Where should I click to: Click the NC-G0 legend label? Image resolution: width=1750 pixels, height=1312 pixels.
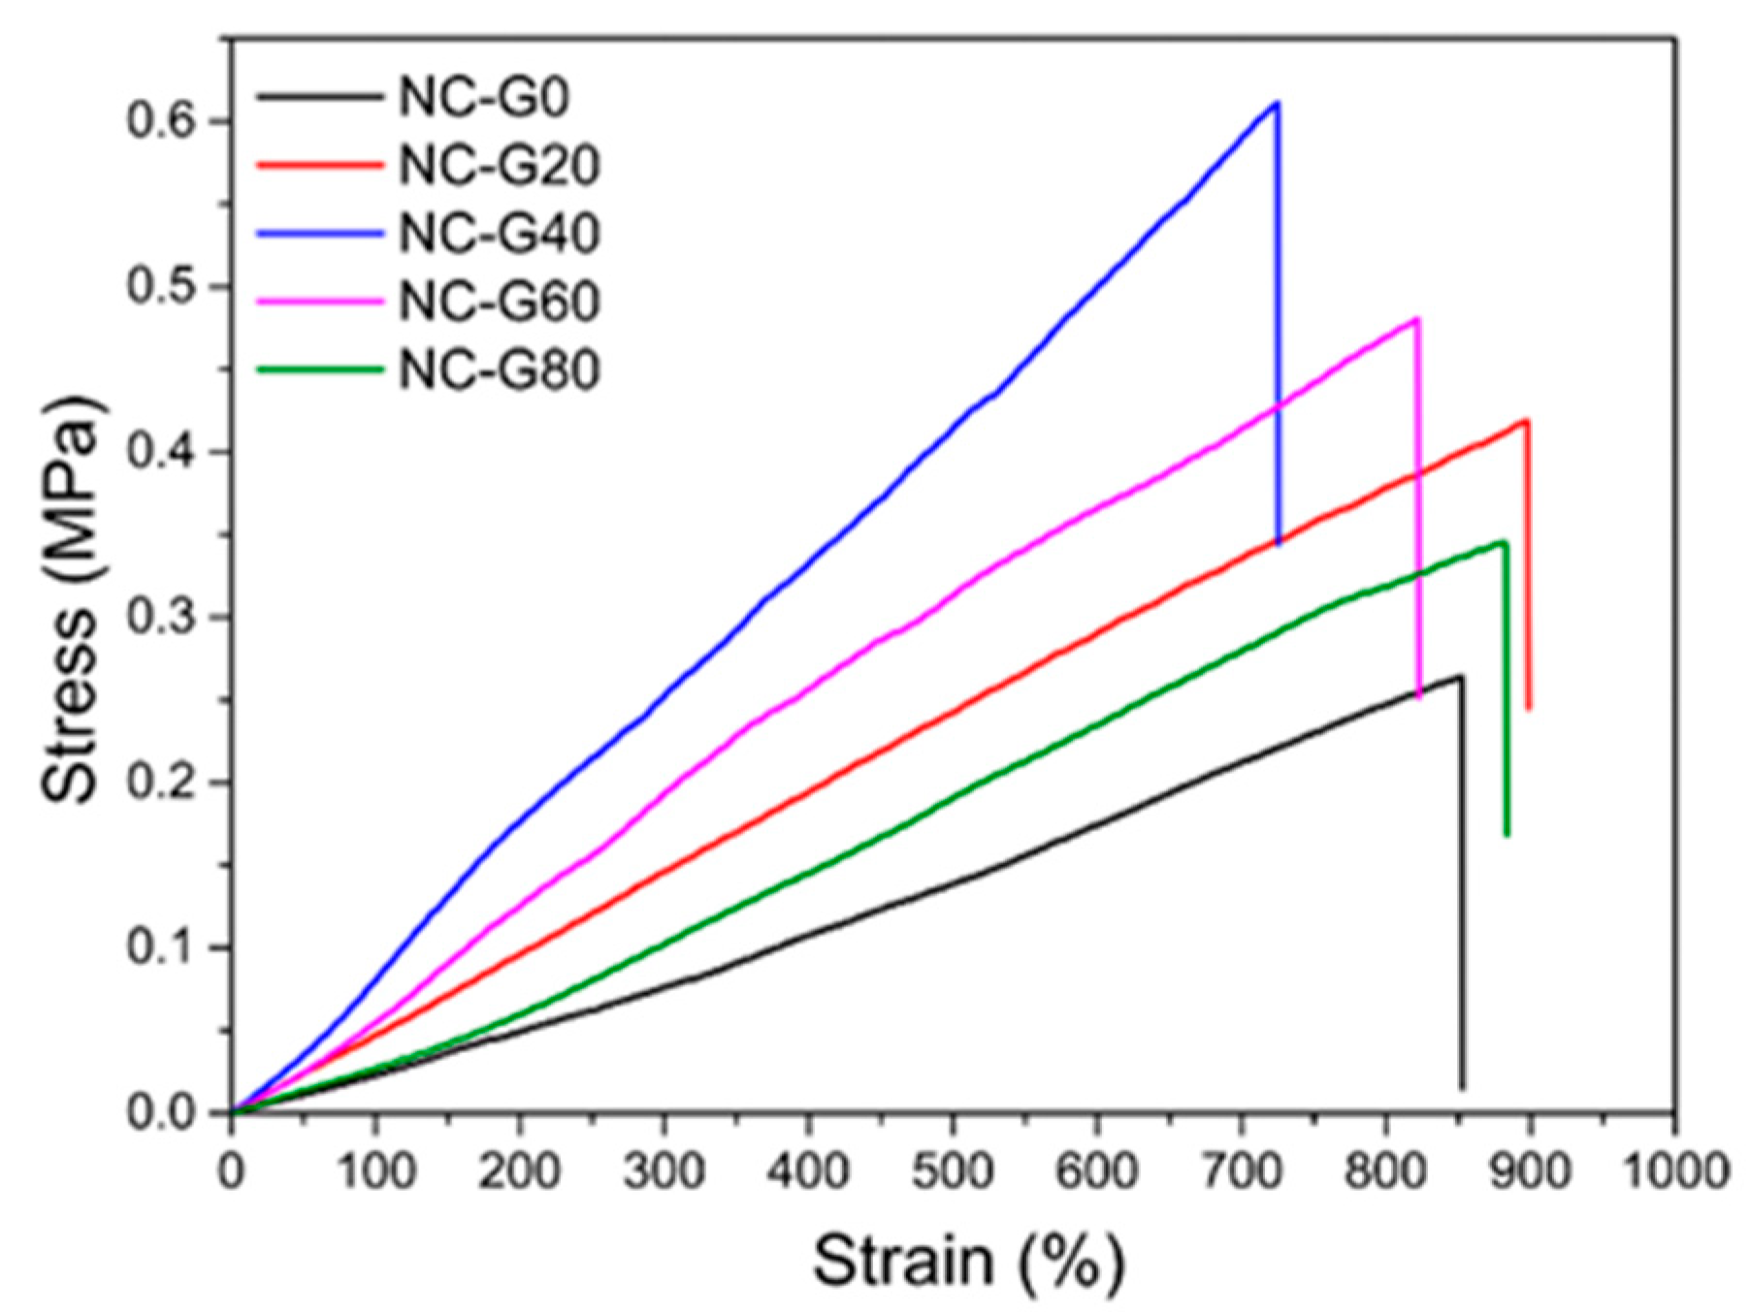click(x=482, y=98)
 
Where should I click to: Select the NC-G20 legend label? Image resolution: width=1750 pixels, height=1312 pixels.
click(x=499, y=166)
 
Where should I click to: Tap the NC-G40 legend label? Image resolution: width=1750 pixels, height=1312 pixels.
click(x=499, y=234)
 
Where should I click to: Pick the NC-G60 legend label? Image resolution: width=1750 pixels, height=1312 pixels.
click(x=499, y=302)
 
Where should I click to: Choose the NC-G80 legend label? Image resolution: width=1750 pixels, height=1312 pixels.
click(x=499, y=369)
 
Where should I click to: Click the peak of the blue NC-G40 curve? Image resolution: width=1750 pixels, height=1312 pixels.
click(x=1277, y=103)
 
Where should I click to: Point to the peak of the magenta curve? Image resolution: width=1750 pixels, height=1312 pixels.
click(x=1416, y=319)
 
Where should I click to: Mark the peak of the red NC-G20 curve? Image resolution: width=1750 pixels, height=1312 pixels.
click(x=1527, y=421)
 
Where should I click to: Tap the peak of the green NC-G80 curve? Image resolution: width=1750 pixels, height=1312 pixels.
click(x=1504, y=542)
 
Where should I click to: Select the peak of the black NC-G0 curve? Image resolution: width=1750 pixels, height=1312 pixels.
click(x=1460, y=677)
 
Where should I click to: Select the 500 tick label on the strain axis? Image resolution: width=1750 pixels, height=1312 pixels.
click(x=953, y=1171)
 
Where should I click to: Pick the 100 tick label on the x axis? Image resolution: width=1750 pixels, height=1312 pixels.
click(x=374, y=1171)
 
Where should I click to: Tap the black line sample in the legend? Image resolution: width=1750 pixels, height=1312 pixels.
click(x=319, y=96)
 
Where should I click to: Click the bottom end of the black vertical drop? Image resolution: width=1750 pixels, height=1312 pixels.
click(x=1462, y=1088)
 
